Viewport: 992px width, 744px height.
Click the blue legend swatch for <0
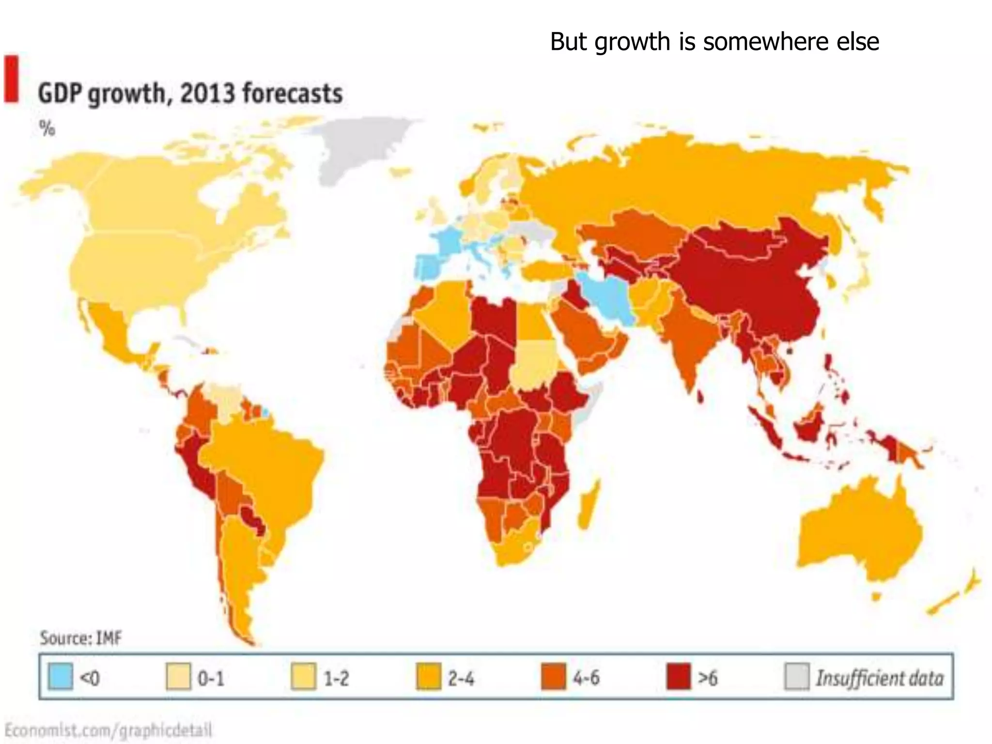[x=61, y=676]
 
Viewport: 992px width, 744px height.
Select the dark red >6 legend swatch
[x=678, y=676]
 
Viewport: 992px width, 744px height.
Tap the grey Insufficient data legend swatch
[x=796, y=676]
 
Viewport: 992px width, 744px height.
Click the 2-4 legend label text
[x=461, y=678]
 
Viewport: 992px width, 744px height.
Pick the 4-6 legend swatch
[x=553, y=676]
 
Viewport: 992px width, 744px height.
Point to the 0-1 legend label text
[x=211, y=678]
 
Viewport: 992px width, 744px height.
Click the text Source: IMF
[x=80, y=638]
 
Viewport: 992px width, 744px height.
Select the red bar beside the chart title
[x=11, y=79]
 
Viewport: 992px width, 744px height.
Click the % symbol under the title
[x=47, y=128]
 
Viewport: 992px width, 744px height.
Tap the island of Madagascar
[x=589, y=506]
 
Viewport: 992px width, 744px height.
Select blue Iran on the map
[x=608, y=298]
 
